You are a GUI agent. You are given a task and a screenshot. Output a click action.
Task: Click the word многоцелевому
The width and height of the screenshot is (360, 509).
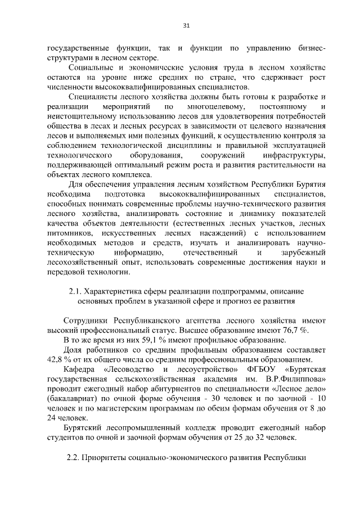pos(217,107)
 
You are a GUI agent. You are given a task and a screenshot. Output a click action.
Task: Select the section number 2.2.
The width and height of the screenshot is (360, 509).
pos(75,457)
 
